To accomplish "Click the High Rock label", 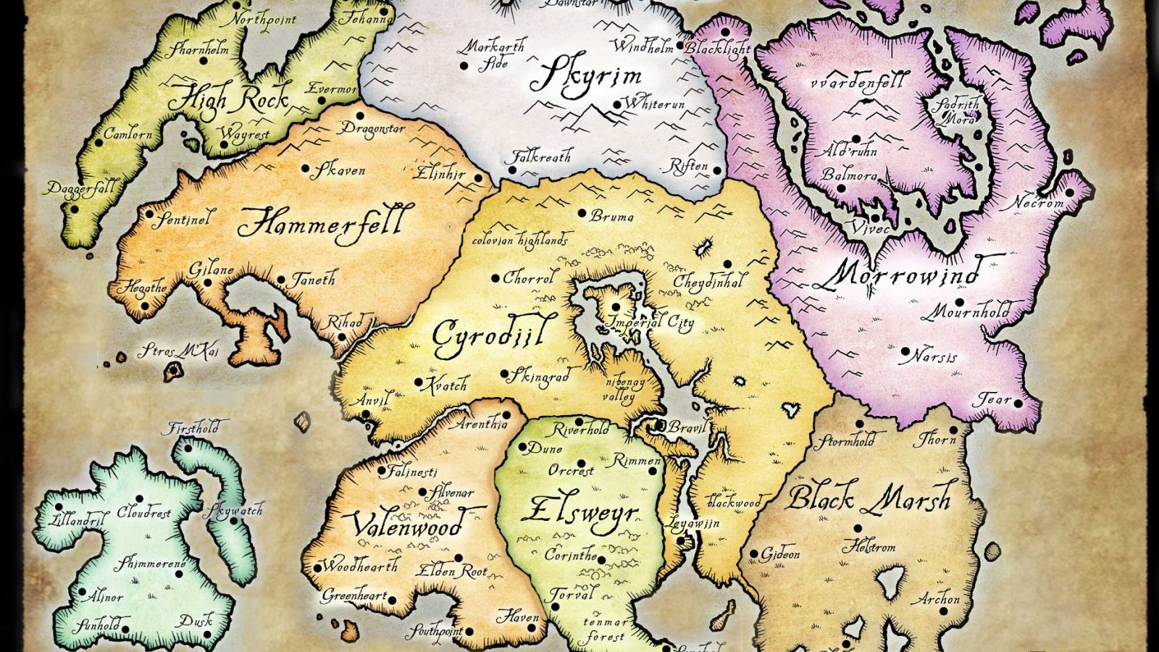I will coord(227,98).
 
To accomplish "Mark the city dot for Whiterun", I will coord(617,105).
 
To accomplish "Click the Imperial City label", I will coord(650,322).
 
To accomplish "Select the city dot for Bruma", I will coord(582,214).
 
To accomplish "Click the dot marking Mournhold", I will coord(960,302).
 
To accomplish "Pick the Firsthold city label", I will coord(193,428).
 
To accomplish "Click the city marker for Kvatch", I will coord(419,382).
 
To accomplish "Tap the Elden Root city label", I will coord(451,572).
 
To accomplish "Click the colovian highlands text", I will coord(519,241).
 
